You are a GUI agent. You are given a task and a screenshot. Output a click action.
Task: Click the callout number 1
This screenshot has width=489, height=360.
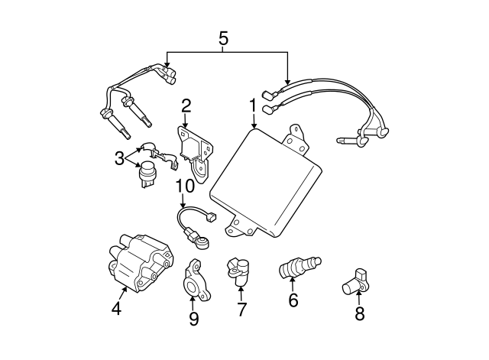(252, 103)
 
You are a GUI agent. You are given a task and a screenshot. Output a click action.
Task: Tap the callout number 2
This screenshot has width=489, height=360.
(186, 105)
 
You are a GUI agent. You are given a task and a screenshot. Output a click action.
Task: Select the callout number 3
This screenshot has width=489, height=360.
(119, 158)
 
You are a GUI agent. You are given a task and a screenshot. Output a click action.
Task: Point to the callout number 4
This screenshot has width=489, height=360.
(116, 310)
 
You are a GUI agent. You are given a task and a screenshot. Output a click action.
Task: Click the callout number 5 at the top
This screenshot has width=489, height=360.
(223, 37)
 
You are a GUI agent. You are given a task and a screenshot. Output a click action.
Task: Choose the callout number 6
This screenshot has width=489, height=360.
(293, 300)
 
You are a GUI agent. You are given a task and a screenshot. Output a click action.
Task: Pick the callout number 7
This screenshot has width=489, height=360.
(241, 310)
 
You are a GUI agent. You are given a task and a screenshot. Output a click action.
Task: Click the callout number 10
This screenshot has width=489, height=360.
(184, 186)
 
